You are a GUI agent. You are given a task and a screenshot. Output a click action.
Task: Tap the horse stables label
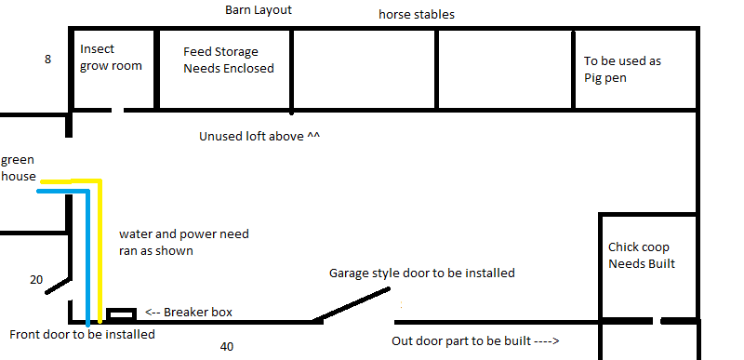(x=416, y=15)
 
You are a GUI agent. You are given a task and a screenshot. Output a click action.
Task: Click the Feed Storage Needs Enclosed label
(x=228, y=60)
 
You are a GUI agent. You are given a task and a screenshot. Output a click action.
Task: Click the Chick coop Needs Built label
(x=641, y=256)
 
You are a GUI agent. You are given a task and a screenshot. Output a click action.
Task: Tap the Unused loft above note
(x=259, y=136)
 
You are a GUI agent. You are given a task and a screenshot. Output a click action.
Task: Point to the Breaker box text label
(x=191, y=313)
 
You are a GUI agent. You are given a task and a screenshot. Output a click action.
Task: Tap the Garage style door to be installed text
(x=421, y=273)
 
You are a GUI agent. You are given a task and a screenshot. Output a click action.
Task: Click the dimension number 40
(x=227, y=347)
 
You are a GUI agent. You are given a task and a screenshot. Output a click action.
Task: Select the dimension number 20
(x=35, y=279)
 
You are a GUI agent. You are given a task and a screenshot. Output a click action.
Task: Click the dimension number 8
(x=47, y=60)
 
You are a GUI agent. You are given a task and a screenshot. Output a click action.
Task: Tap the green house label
(x=18, y=167)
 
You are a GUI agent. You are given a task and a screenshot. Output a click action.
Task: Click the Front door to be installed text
(x=82, y=334)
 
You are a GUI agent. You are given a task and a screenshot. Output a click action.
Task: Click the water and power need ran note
(x=184, y=242)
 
